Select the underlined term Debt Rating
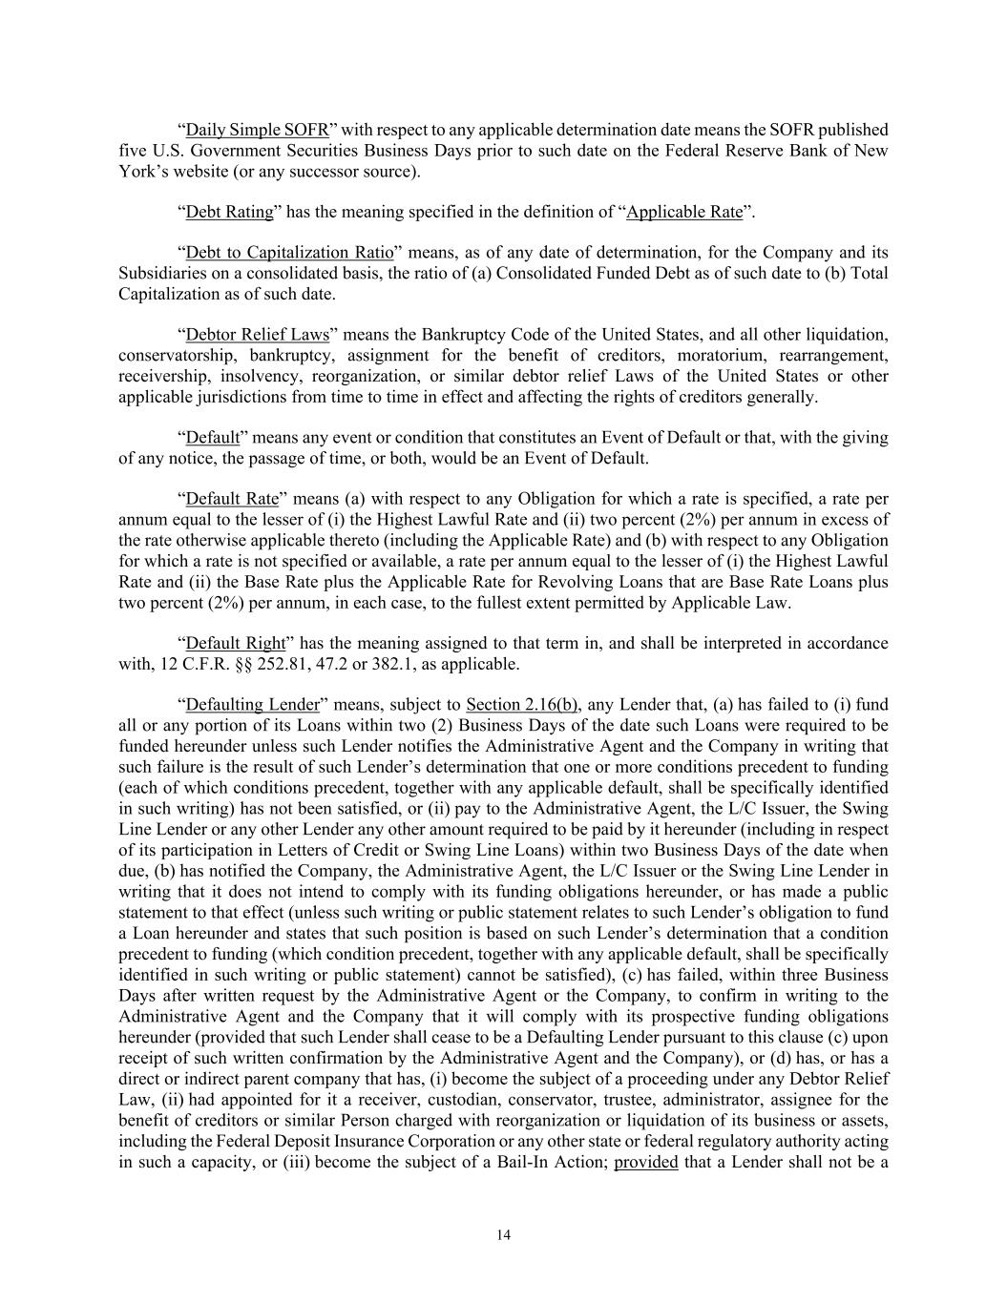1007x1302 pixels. point(229,212)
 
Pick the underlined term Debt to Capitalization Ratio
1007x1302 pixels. point(289,253)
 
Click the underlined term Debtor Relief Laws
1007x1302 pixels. point(257,335)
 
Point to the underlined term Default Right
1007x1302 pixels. point(235,643)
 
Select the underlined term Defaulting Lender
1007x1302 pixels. point(252,705)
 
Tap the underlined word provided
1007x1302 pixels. point(646,1162)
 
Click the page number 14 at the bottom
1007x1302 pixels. point(504,1235)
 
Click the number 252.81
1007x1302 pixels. point(281,664)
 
